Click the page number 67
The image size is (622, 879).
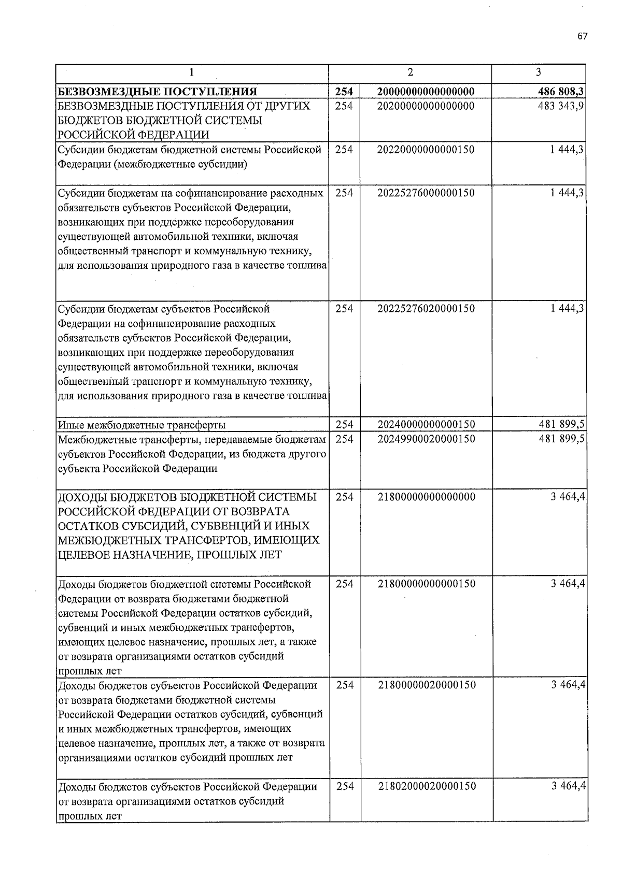click(x=582, y=36)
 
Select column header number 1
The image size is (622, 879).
click(x=192, y=73)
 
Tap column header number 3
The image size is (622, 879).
click(x=539, y=72)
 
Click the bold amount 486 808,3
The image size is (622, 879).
click(x=562, y=92)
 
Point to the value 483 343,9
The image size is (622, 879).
click(x=562, y=106)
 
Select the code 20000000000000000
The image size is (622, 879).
click(x=426, y=92)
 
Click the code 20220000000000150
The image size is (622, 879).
click(x=426, y=150)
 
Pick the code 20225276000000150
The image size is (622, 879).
click(x=426, y=193)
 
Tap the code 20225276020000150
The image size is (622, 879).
click(x=426, y=309)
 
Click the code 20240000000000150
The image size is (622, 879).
click(x=426, y=425)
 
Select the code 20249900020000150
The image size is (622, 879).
click(x=426, y=439)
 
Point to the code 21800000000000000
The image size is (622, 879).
click(x=426, y=497)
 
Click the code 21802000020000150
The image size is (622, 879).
click(x=426, y=786)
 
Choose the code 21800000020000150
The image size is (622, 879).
click(x=426, y=685)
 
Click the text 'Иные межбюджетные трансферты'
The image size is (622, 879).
click(x=142, y=426)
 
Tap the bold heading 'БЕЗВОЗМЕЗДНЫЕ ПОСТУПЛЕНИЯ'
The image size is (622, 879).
click(x=158, y=93)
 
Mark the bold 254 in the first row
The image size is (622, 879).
click(x=344, y=92)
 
